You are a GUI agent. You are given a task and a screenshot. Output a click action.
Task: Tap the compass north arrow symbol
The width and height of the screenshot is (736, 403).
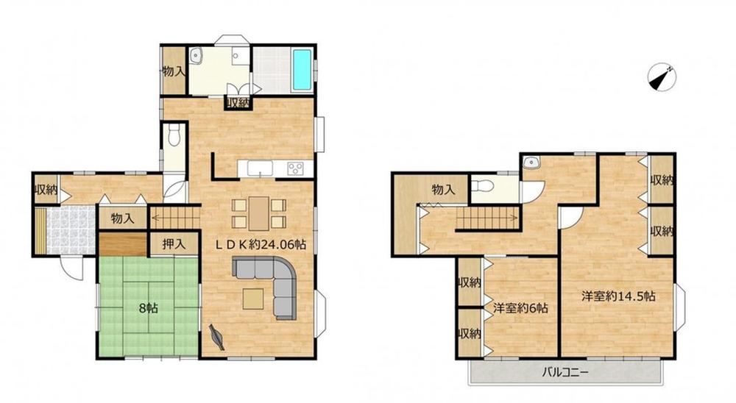(x=662, y=76)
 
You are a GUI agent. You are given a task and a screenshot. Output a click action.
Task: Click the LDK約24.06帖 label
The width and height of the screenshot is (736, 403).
(x=261, y=244)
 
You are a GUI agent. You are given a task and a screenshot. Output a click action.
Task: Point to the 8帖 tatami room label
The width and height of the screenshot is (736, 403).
(x=149, y=308)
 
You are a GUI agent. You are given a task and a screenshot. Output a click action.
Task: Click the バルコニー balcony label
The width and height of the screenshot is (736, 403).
(x=565, y=373)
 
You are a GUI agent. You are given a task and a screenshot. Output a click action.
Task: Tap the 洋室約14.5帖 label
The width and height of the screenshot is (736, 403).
(x=619, y=296)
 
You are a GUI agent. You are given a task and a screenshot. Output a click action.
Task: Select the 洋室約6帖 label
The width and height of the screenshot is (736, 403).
(x=520, y=308)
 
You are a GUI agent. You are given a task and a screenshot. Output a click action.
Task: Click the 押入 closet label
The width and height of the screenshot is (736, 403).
(x=174, y=244)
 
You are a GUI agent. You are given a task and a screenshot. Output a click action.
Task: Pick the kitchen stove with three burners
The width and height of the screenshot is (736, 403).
(x=296, y=168)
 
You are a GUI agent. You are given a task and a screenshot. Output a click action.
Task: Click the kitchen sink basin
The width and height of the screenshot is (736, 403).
(x=260, y=168)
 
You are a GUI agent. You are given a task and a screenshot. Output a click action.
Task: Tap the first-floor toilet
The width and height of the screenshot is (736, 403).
(x=174, y=134)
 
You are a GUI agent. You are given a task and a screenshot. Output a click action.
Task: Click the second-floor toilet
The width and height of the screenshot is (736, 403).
(x=481, y=186)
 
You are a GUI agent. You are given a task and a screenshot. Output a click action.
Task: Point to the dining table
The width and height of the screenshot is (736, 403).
(x=258, y=213)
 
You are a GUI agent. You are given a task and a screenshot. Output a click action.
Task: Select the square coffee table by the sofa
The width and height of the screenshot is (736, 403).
(x=253, y=299)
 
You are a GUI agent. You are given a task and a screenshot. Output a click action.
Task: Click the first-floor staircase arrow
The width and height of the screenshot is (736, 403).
(x=174, y=217)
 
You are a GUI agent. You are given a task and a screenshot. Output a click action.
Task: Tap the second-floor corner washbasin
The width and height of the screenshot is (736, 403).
(x=531, y=162)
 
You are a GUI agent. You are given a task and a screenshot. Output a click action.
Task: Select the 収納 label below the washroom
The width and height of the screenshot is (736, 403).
(x=237, y=103)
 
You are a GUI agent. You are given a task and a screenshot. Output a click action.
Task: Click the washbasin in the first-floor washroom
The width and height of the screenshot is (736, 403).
(x=197, y=57)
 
